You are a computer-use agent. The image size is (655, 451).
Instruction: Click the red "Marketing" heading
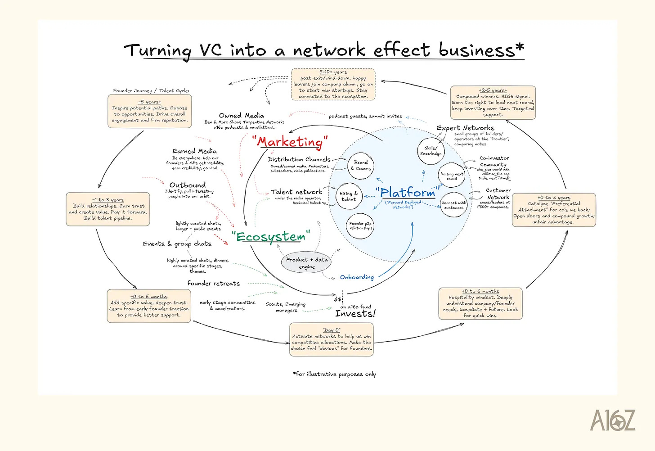point(290,142)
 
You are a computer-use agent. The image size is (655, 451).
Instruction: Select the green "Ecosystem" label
point(271,237)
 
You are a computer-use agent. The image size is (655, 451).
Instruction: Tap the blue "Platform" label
point(408,193)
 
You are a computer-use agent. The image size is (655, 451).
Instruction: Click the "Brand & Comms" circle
point(361,166)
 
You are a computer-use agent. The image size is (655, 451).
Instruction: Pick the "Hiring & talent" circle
point(349,196)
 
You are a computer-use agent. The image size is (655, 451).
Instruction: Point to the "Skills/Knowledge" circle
point(431,151)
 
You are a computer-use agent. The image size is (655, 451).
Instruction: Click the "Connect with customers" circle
point(453,205)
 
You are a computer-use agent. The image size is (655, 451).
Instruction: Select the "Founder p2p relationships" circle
point(361,225)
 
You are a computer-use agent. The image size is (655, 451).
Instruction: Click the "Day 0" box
point(332,340)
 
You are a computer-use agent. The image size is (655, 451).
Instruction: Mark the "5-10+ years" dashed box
point(333,84)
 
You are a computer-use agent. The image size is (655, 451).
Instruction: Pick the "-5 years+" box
point(150,111)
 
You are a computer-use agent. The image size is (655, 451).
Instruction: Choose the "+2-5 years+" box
point(493,103)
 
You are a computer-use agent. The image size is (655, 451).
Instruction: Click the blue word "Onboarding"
point(357,277)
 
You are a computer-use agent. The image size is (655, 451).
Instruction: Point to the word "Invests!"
point(355,314)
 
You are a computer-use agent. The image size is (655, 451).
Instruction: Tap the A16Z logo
point(613,420)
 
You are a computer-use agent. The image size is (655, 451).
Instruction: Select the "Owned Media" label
point(242,116)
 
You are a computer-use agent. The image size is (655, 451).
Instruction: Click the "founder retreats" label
point(214,284)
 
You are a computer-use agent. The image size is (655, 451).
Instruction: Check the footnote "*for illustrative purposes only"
point(334,374)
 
